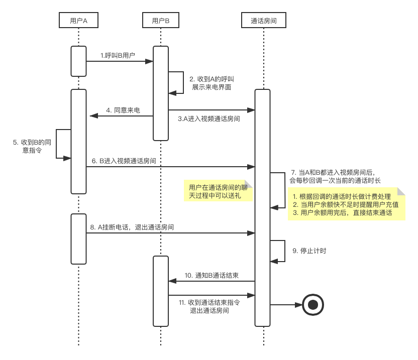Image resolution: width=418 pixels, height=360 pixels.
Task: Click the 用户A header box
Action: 78,21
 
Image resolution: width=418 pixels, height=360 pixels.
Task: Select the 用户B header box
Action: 161,21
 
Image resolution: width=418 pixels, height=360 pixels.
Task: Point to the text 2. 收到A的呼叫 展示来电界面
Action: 212,83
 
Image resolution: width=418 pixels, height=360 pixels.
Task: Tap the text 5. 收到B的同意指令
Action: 31,147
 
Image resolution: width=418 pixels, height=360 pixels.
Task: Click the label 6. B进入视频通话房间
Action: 124,161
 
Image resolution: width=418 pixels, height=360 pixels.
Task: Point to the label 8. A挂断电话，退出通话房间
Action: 132,227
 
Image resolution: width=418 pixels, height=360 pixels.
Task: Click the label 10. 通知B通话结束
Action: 212,275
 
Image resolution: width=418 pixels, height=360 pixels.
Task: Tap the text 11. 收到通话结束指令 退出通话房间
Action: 209,307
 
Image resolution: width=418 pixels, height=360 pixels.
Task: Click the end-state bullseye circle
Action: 313,305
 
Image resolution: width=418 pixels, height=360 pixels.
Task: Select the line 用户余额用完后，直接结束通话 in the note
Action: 342,213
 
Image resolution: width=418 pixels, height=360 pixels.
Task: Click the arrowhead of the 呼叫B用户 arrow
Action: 150,61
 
